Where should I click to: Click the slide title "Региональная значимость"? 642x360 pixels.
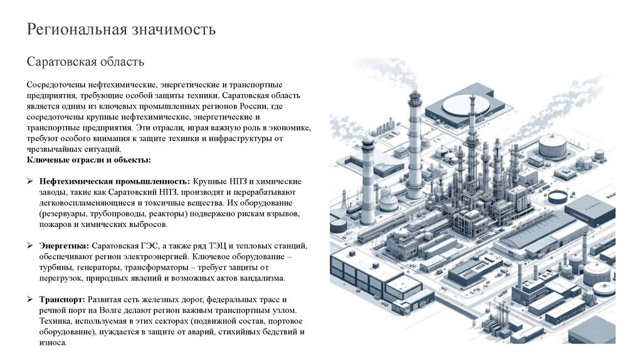click(x=121, y=29)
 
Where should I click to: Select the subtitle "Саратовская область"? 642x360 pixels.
click(x=85, y=62)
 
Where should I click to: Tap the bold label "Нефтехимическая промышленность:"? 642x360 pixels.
click(x=116, y=181)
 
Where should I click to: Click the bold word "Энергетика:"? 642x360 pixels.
click(x=63, y=245)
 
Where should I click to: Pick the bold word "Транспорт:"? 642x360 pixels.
click(x=62, y=300)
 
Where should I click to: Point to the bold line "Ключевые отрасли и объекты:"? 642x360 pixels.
click(x=88, y=160)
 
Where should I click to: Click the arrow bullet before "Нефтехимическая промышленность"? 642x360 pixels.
click(x=30, y=181)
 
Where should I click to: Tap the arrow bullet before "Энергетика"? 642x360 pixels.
click(x=30, y=246)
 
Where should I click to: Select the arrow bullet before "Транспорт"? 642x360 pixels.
click(x=30, y=300)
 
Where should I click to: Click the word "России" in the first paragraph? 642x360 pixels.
click(x=238, y=105)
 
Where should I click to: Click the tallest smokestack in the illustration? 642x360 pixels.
click(x=414, y=144)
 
